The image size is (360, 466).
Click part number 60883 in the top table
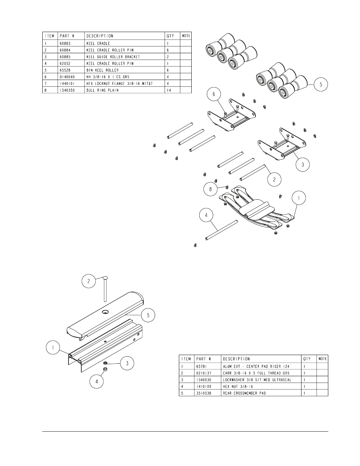pyautogui.click(x=65, y=43)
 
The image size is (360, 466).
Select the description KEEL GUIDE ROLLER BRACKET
pyautogui.click(x=113, y=57)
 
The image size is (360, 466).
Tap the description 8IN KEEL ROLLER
pyautogui.click(x=102, y=70)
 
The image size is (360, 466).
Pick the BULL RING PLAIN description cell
pyautogui.click(x=102, y=91)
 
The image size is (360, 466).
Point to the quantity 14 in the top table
pyautogui.click(x=169, y=91)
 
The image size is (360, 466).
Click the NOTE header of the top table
pyautogui.click(x=186, y=36)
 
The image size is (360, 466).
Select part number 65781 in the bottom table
pyautogui.click(x=202, y=366)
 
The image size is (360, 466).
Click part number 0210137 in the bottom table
pyautogui.click(x=204, y=373)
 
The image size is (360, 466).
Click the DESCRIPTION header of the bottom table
pyautogui.click(x=236, y=359)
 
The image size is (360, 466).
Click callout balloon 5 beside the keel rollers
pyautogui.click(x=321, y=85)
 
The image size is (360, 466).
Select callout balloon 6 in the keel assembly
pyautogui.click(x=214, y=94)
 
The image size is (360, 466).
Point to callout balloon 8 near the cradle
pyautogui.click(x=211, y=189)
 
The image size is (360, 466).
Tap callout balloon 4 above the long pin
pyautogui.click(x=206, y=215)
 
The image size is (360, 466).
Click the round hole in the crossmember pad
pyautogui.click(x=105, y=311)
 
